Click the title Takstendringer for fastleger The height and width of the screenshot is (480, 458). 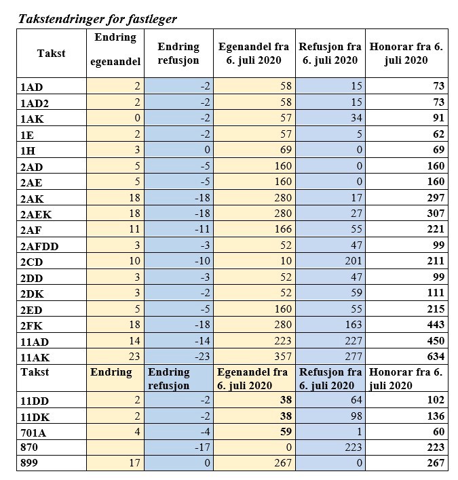[x=97, y=19]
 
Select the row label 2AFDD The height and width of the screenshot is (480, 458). [x=40, y=246]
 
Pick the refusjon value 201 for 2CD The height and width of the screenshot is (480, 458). [x=353, y=262]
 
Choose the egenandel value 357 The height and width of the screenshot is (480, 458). [x=282, y=357]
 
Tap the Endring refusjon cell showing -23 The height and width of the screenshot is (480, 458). [x=201, y=357]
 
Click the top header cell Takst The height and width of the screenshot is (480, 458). [x=52, y=53]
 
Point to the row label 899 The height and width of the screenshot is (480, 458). [x=30, y=464]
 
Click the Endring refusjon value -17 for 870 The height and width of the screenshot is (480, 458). [x=201, y=447]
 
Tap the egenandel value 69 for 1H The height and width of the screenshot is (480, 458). [x=285, y=151]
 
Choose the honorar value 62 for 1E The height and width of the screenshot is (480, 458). [x=438, y=135]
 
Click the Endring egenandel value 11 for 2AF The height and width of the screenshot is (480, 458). [x=134, y=230]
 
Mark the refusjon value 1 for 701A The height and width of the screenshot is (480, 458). [x=359, y=432]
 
